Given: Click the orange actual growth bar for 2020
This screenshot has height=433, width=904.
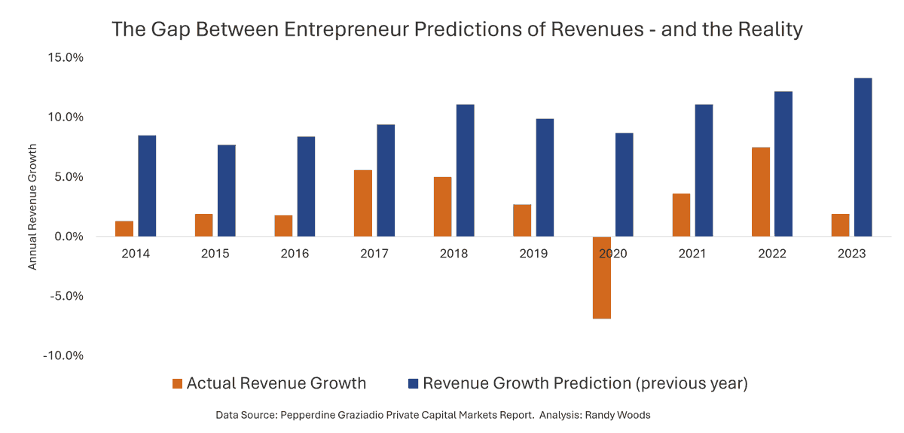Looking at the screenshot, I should click(x=601, y=277).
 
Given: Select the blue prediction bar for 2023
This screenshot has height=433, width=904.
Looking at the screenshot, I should click(x=863, y=157).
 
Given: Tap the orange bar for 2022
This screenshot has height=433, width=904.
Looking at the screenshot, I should click(x=761, y=192).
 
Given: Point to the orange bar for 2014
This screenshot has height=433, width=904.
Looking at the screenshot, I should click(x=124, y=229).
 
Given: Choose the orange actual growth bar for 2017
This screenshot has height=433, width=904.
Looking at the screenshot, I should click(x=363, y=203).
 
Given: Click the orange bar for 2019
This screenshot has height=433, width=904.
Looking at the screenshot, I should click(x=522, y=221).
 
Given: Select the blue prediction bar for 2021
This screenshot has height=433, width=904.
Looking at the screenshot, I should click(x=704, y=170).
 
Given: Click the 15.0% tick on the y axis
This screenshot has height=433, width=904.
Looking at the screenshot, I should click(x=66, y=57).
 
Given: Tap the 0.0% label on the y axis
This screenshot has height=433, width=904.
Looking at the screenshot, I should click(x=69, y=236).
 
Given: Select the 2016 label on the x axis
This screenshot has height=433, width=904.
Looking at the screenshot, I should click(x=295, y=254).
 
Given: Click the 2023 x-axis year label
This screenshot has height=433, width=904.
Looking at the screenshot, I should click(x=852, y=254).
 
